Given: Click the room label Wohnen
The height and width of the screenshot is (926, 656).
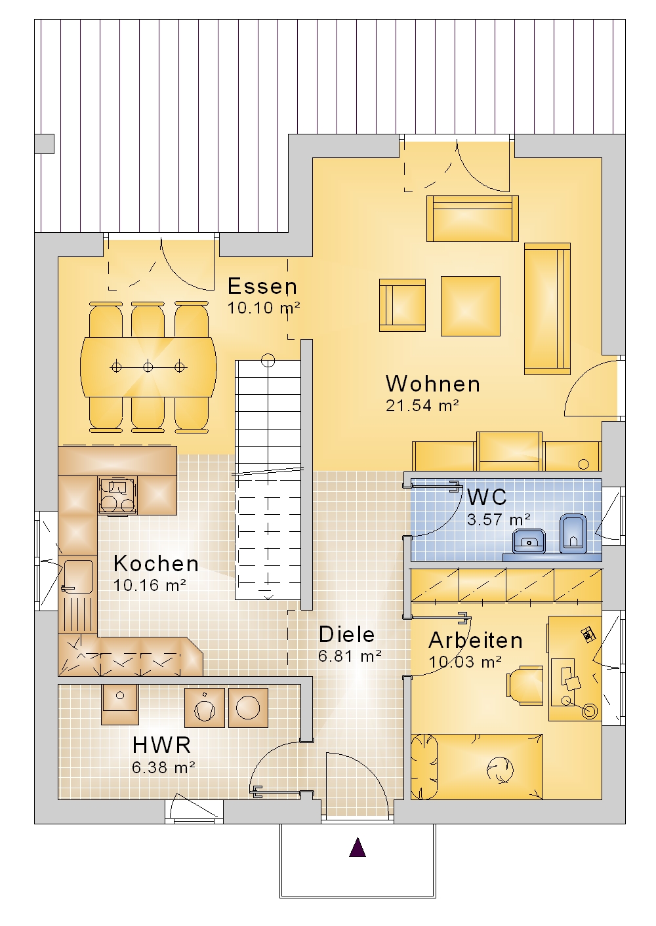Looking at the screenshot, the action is click(x=433, y=384).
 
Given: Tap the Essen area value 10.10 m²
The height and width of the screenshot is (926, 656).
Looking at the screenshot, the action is click(x=264, y=308).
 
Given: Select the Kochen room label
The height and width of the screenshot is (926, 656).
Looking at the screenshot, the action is click(x=156, y=563).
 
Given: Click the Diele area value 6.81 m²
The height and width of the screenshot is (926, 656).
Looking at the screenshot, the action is click(x=350, y=656).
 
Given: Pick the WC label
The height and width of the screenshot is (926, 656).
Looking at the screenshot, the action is click(x=487, y=496).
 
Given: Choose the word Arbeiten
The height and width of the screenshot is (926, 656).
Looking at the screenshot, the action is click(x=476, y=640).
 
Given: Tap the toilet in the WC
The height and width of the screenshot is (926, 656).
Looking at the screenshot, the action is click(x=573, y=533).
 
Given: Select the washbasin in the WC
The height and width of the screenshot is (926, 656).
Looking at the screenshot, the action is click(x=529, y=541).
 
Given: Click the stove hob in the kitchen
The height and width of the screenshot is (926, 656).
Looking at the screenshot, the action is click(x=117, y=494).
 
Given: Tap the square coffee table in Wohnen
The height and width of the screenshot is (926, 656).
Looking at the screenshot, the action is click(x=470, y=306).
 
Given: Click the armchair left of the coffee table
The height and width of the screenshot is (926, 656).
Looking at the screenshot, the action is click(x=402, y=305).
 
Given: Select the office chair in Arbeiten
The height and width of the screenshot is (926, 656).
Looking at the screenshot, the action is click(x=524, y=685).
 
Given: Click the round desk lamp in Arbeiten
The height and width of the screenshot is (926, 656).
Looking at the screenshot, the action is click(x=588, y=711).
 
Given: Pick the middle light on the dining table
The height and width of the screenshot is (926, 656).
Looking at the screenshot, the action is click(x=148, y=367).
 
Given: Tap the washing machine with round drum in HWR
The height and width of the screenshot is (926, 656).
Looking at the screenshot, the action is click(x=248, y=708).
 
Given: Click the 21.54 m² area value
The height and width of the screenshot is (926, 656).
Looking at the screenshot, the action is click(x=422, y=405).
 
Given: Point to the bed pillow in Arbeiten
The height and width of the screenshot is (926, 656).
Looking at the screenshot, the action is click(x=424, y=767).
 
